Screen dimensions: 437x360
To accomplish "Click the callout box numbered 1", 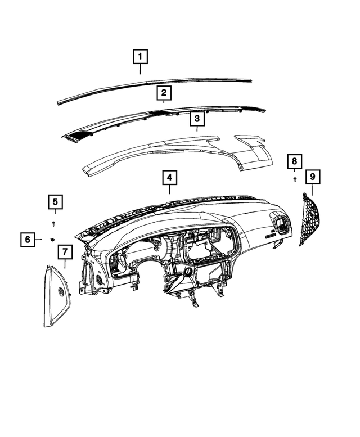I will tap(140, 57).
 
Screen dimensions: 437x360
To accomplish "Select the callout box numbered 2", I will tap(164, 93).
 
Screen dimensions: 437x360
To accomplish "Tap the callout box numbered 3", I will tap(197, 119).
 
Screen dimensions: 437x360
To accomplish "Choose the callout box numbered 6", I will tap(27, 240).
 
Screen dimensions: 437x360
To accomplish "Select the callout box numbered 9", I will tap(313, 177).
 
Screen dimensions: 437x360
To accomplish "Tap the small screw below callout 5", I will tap(55, 223).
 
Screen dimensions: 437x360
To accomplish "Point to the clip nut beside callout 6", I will tap(52, 240).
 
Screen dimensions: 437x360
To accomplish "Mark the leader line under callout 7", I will tap(65, 264).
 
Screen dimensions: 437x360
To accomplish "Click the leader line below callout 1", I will tap(140, 70).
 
